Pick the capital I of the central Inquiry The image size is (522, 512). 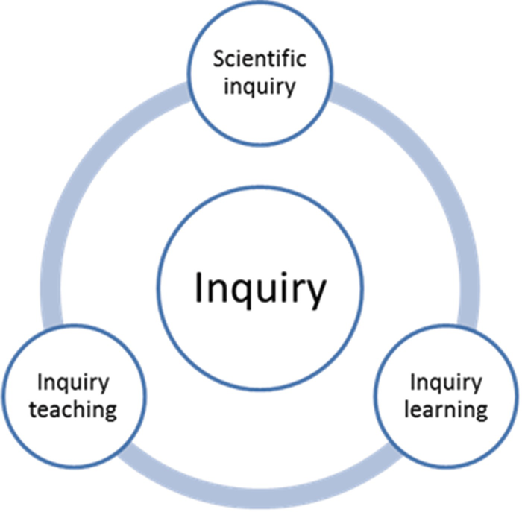pos(198,288)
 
